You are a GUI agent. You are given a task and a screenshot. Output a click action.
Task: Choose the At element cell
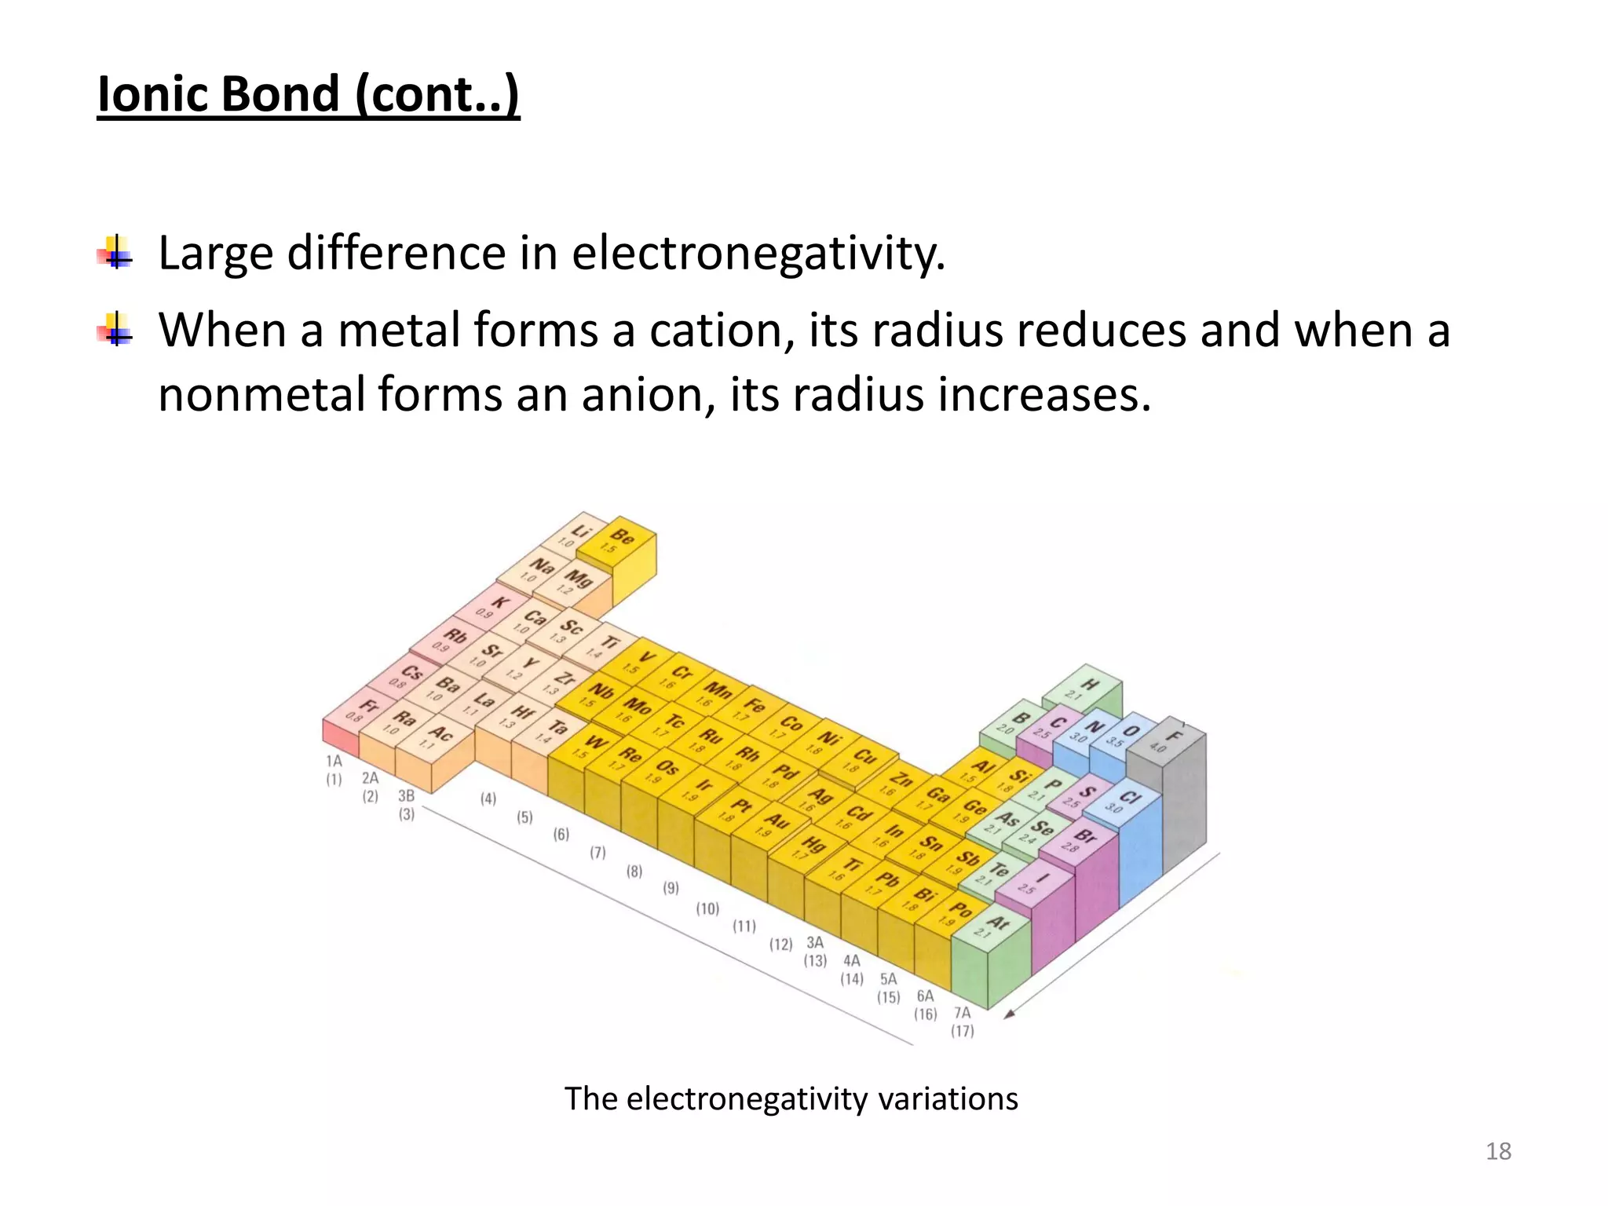[x=991, y=926]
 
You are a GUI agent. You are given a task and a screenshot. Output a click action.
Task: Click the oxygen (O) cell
[x=1124, y=735]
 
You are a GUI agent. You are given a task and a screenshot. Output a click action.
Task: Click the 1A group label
[x=334, y=761]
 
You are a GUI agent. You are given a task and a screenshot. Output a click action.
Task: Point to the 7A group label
[x=962, y=1013]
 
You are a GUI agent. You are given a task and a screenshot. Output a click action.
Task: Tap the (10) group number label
[x=707, y=908]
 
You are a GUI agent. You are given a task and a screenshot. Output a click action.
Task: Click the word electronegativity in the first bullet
[x=758, y=254]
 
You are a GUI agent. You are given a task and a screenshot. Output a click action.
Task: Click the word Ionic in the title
[x=152, y=94]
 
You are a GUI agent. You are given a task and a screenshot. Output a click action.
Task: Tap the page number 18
[x=1498, y=1151]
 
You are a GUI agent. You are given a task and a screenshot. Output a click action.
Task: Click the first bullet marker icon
[x=115, y=254]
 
